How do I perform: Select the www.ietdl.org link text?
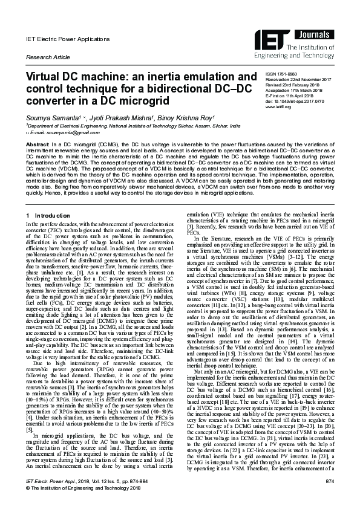coord(279,106)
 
